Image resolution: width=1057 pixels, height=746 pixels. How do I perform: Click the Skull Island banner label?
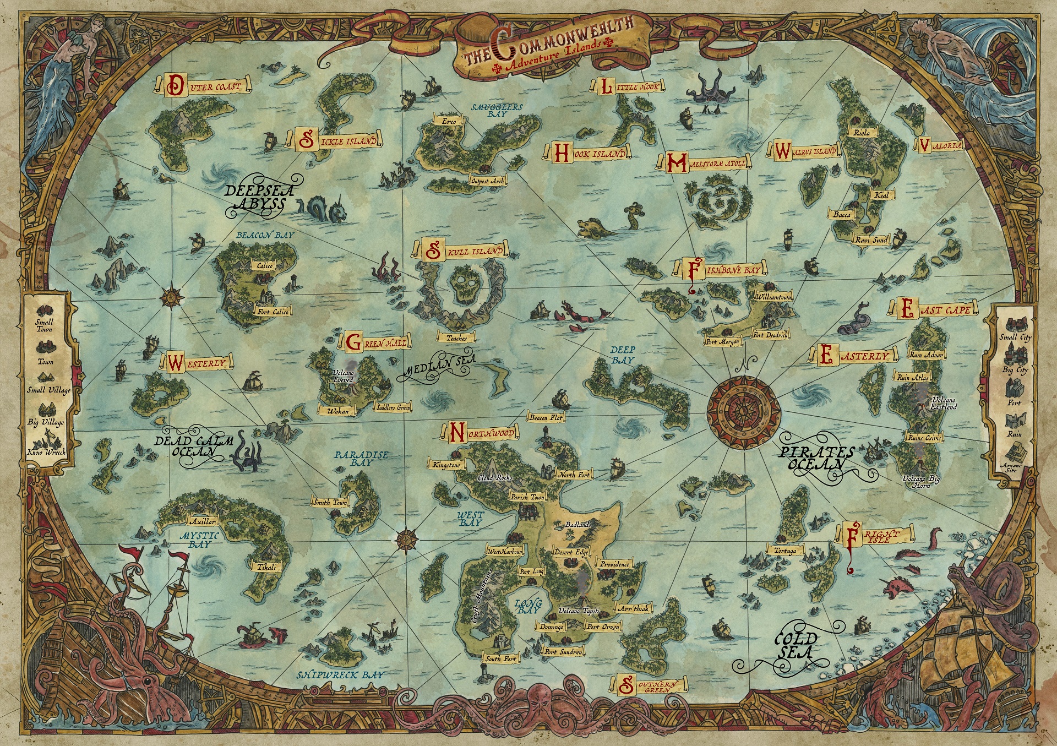pos(465,251)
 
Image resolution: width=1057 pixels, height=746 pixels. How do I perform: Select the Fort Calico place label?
pos(273,312)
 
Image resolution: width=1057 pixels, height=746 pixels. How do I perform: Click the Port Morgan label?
pos(722,341)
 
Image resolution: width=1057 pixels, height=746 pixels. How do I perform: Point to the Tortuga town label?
pos(785,550)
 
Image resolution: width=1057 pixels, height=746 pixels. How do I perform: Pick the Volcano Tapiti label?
pos(578,611)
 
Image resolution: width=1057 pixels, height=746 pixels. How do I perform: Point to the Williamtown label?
pos(773,297)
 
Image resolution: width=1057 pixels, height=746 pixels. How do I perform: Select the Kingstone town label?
pos(446,465)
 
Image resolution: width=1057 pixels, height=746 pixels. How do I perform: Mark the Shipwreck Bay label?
pos(341,674)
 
